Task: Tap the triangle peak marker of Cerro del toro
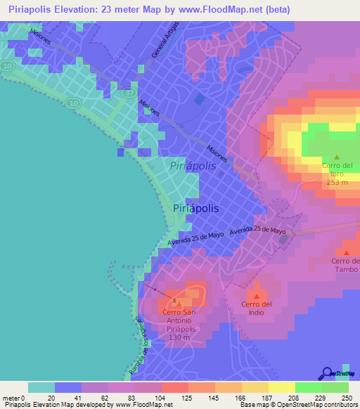point(336,157)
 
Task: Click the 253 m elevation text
point(336,181)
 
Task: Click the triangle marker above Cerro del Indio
point(256,294)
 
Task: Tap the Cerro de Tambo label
point(345,265)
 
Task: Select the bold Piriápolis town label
point(195,208)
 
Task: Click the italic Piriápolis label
point(193,165)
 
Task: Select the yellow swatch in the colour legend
point(281,387)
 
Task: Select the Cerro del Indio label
point(256,308)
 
